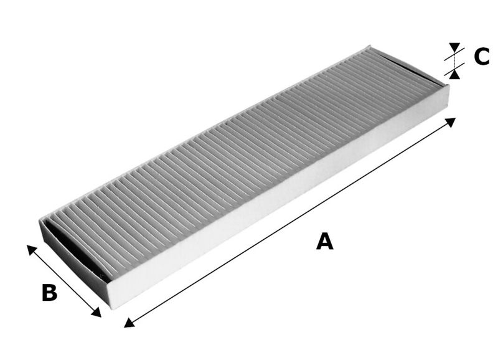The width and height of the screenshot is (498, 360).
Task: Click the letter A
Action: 324,241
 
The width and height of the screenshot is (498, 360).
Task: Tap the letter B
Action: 49,292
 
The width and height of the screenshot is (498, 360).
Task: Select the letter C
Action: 482,57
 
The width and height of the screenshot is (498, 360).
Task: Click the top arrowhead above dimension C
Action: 455,47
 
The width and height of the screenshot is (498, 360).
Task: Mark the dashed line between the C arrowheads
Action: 455,60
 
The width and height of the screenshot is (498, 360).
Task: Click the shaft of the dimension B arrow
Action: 63,280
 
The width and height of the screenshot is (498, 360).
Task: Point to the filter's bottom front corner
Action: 111,308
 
